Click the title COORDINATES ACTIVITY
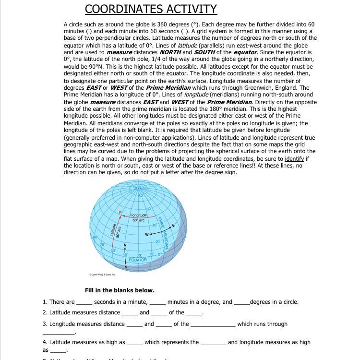pyautogui.click(x=151, y=9)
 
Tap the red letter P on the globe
pyautogui.click(x=120, y=212)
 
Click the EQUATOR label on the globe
pyautogui.click(x=138, y=260)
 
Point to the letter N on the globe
pyautogui.click(x=125, y=246)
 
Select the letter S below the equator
pyautogui.click(x=126, y=267)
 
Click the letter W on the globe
pyautogui.click(x=147, y=235)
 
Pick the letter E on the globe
pyautogui.click(x=173, y=226)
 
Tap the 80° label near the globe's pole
pyautogui.click(x=141, y=196)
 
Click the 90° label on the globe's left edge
pyautogui.click(x=95, y=238)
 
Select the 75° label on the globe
pyautogui.click(x=102, y=245)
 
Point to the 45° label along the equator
pyautogui.click(x=125, y=254)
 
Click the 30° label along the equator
pyautogui.click(x=139, y=255)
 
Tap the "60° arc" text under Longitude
pyautogui.click(x=138, y=220)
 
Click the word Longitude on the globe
pyautogui.click(x=138, y=216)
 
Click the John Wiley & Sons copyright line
pyautogui.click(x=102, y=275)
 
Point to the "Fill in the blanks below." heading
pyautogui.click(x=120, y=290)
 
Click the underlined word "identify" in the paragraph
pyautogui.click(x=294, y=158)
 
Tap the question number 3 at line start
pyautogui.click(x=45, y=324)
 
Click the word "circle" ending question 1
pyautogui.click(x=290, y=302)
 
